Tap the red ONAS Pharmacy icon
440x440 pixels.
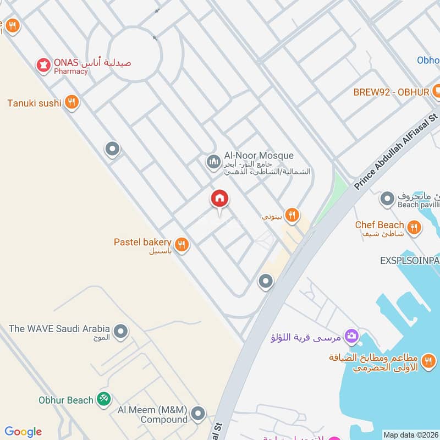(42, 65)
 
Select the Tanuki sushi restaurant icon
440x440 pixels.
(71, 102)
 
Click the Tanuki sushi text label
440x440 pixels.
(34, 103)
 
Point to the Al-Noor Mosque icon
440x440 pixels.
(213, 162)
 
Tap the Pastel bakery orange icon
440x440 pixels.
(182, 244)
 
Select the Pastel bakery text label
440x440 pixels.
(142, 242)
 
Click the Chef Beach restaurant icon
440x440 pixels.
(414, 226)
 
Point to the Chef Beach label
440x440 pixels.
(380, 225)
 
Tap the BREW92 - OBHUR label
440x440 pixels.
(391, 92)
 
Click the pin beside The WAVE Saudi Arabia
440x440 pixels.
(120, 331)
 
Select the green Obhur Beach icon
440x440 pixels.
(103, 399)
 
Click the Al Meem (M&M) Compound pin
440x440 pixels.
(198, 413)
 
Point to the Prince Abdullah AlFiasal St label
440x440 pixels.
(395, 150)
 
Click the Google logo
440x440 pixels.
(23, 432)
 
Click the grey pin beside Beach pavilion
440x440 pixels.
(387, 199)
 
